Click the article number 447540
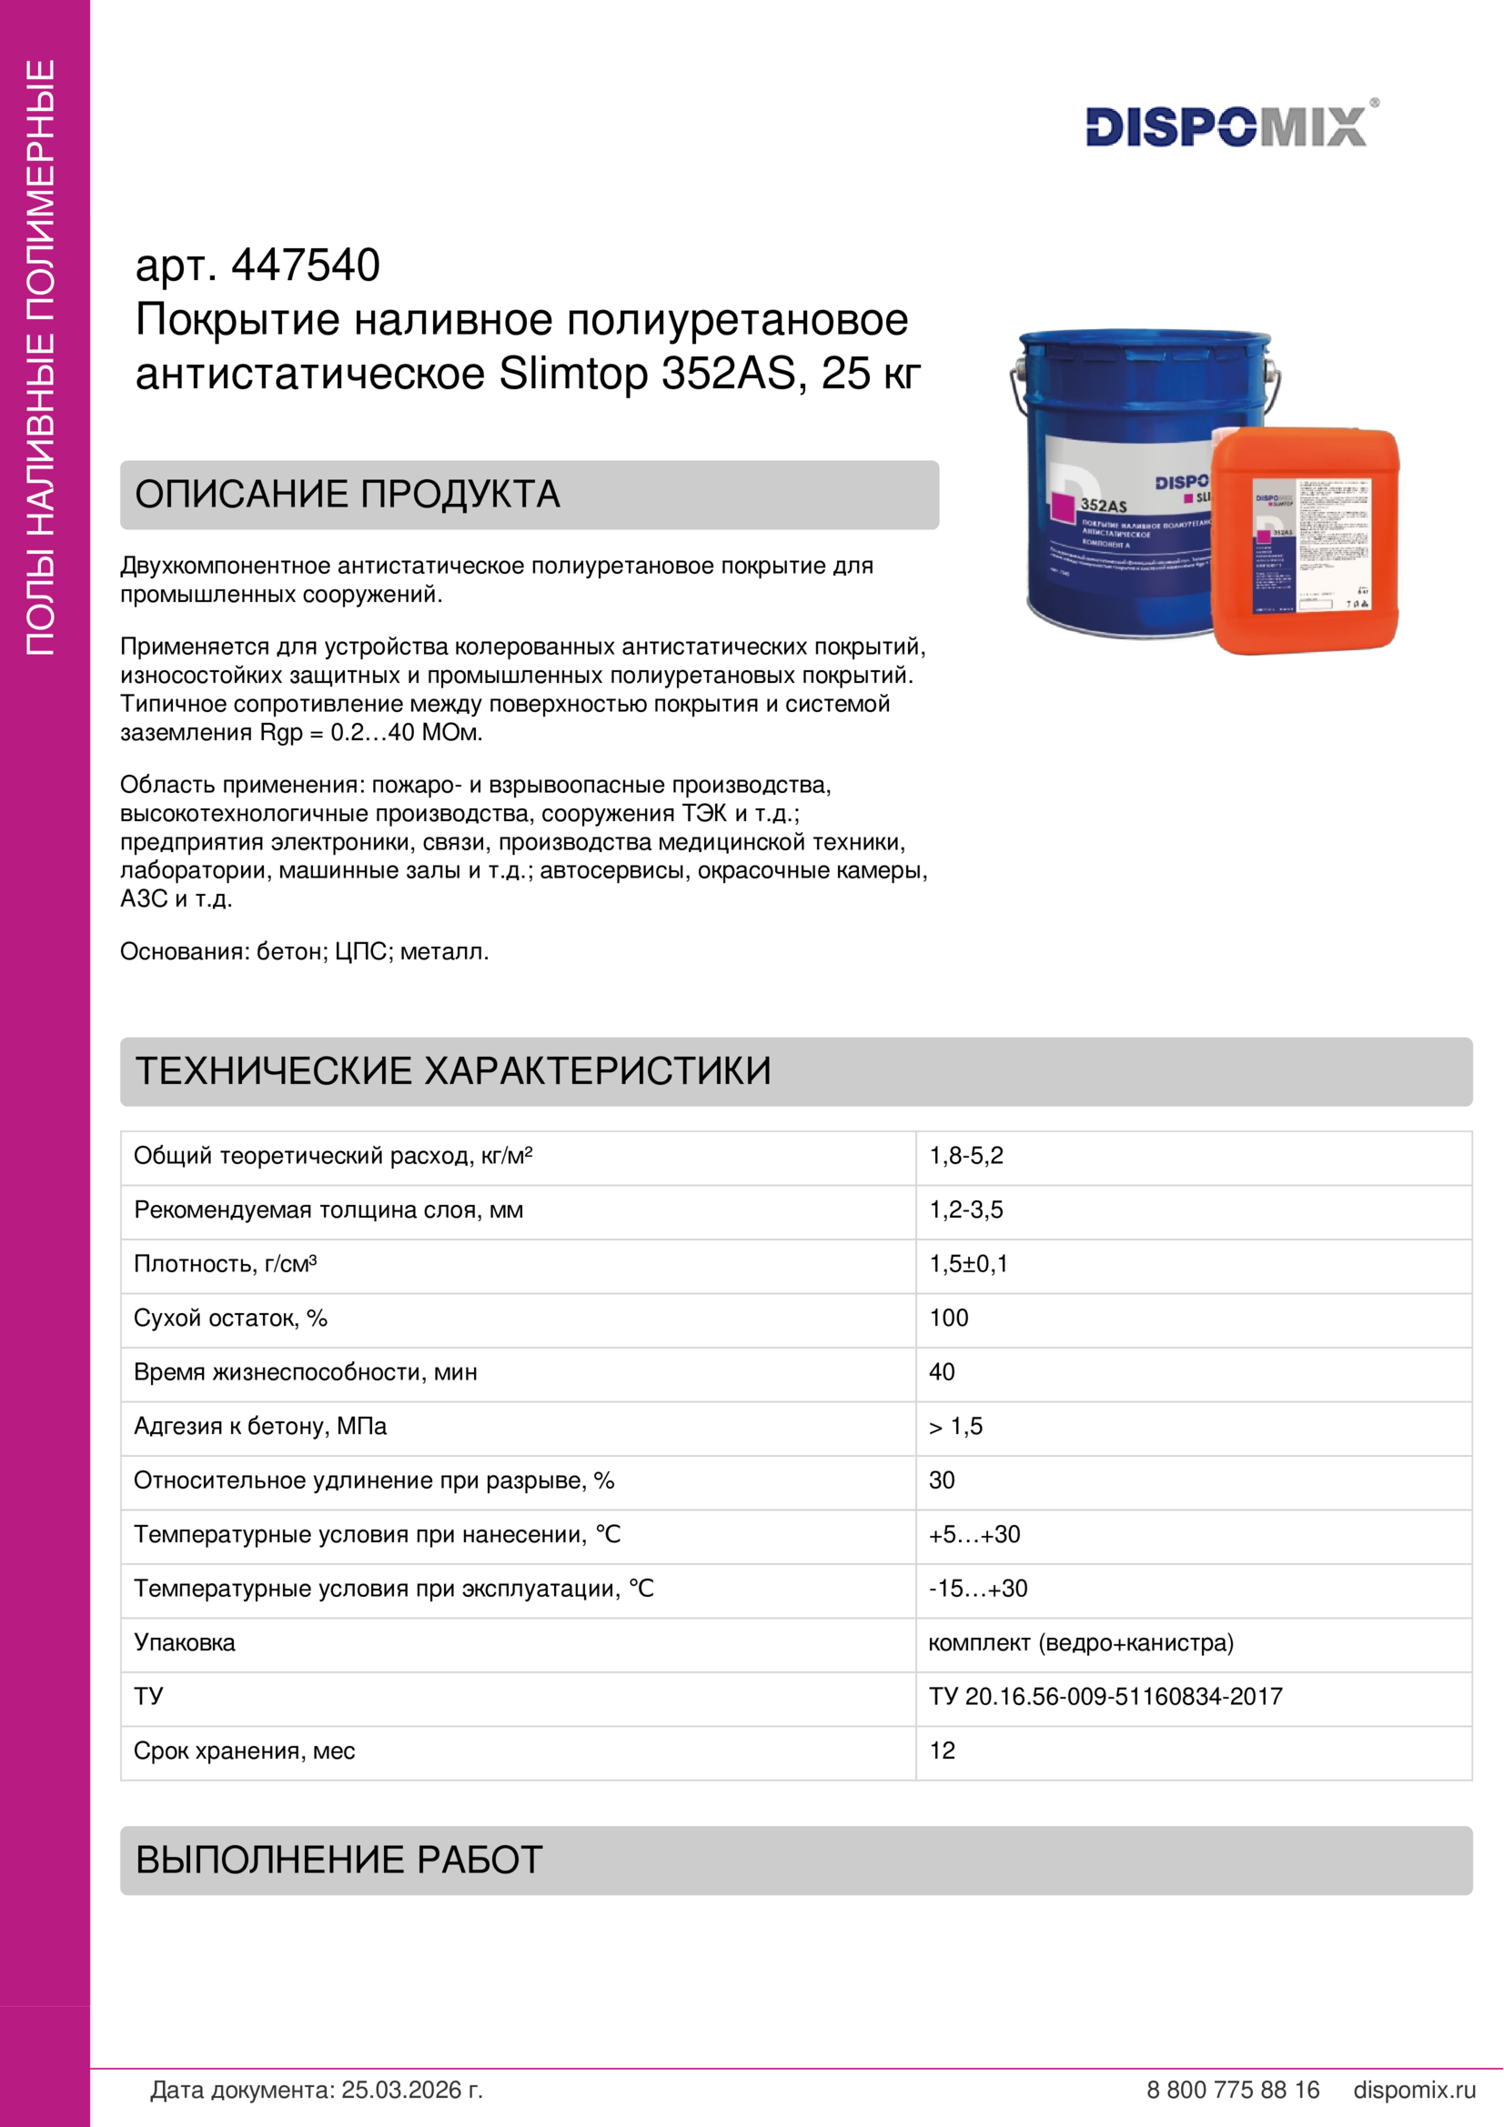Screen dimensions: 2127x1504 tap(305, 265)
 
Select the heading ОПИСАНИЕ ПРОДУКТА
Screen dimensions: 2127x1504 tap(348, 495)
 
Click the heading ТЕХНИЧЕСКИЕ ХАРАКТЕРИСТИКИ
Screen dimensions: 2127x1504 tap(453, 1071)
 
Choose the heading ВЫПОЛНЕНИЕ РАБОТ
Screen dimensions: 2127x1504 tap(339, 1861)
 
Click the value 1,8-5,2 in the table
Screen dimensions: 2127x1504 tap(965, 1155)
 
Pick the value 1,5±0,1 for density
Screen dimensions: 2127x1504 tap(968, 1264)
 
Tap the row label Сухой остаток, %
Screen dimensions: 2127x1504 tap(231, 1318)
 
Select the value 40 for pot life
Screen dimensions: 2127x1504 tap(942, 1372)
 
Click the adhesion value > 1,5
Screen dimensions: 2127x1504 tap(955, 1426)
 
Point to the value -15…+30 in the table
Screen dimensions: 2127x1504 tap(978, 1588)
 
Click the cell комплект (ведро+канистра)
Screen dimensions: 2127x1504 tap(1081, 1642)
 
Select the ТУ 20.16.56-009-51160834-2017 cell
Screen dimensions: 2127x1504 tap(1105, 1696)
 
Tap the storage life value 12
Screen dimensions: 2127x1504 tap(942, 1750)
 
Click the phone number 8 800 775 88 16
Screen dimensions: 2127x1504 tap(1233, 2089)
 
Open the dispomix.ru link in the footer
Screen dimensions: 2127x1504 tap(1414, 2089)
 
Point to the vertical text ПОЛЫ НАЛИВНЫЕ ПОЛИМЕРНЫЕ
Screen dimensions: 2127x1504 tap(41, 357)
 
